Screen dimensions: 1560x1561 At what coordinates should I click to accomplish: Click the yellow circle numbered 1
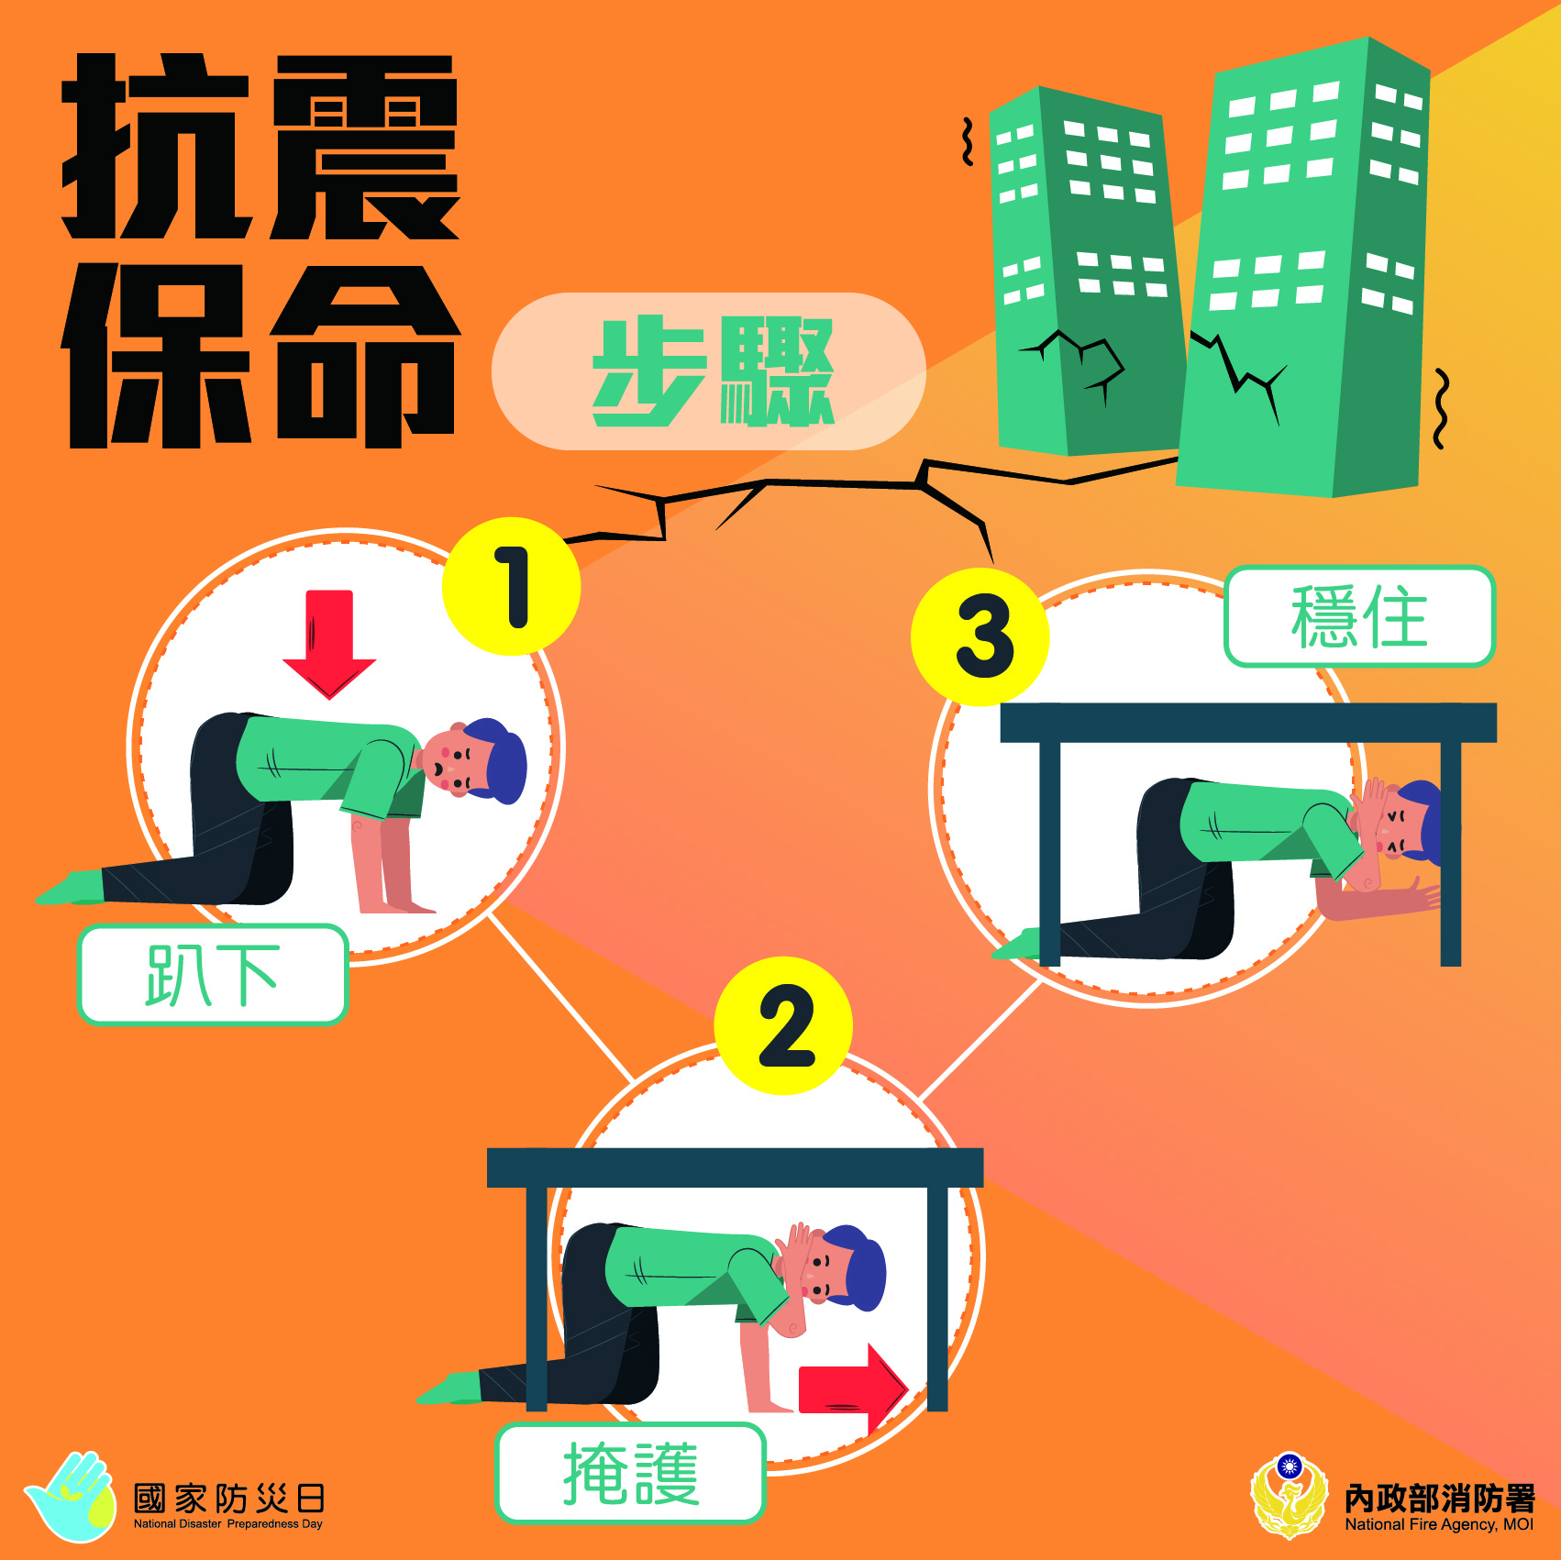point(511,587)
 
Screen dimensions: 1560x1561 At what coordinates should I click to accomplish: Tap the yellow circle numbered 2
point(784,1025)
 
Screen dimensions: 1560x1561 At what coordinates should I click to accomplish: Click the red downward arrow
point(329,642)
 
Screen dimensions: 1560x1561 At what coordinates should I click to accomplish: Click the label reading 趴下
point(213,974)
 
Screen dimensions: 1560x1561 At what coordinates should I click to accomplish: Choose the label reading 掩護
point(631,1473)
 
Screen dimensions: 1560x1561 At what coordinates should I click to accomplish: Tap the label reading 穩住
point(1359,616)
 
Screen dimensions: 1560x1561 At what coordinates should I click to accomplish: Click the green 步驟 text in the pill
point(712,371)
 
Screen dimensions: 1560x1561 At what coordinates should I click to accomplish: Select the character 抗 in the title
point(156,147)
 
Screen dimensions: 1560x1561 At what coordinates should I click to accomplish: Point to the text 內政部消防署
point(1439,1498)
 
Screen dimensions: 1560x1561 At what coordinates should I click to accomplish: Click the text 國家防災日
point(229,1499)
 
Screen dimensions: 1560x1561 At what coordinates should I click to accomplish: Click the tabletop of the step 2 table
point(734,1167)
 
